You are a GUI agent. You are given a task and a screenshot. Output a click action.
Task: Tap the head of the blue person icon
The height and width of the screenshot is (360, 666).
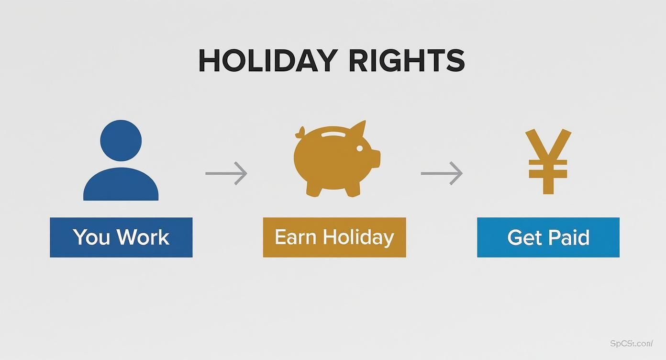click(121, 140)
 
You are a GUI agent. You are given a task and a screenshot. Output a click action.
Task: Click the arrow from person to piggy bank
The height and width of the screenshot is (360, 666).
click(226, 173)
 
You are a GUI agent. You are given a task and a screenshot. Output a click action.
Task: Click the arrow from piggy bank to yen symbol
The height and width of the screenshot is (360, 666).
click(442, 173)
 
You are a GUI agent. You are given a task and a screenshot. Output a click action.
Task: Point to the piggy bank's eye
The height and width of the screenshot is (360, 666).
click(359, 149)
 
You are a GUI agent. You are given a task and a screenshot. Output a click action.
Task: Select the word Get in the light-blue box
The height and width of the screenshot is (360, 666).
click(523, 237)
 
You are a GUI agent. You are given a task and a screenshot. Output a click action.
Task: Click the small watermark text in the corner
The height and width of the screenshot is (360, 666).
click(632, 343)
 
